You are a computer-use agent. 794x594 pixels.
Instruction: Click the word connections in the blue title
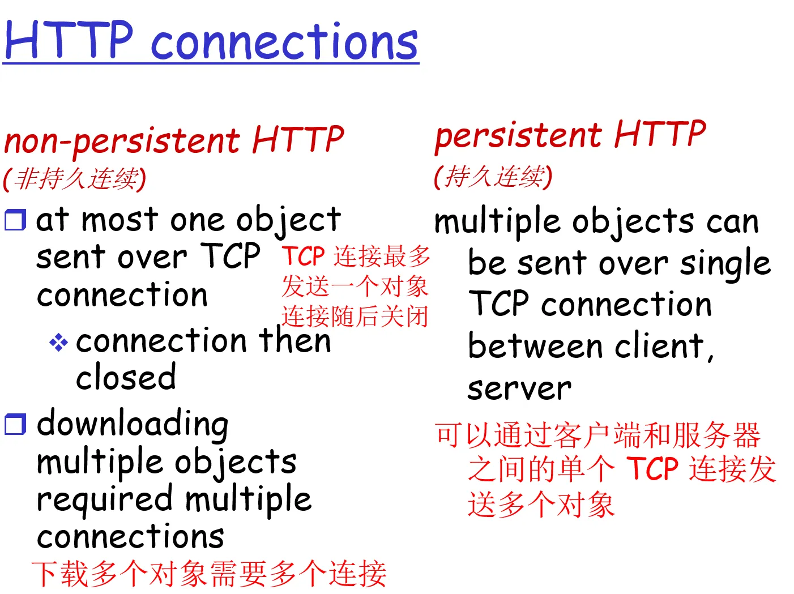tap(284, 41)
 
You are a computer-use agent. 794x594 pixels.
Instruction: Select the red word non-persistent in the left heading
tap(122, 142)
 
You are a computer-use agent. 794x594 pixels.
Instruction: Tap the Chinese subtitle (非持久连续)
tap(75, 179)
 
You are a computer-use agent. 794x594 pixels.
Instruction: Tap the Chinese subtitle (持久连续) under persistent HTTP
tap(493, 177)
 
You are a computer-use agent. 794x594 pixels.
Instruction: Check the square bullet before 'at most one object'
tap(15, 220)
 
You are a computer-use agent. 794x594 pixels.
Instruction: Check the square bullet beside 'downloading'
tap(15, 424)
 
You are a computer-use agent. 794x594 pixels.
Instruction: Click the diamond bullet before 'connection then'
tap(58, 342)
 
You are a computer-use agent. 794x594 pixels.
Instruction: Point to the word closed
tap(126, 377)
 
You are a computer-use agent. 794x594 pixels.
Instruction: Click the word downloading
tap(133, 425)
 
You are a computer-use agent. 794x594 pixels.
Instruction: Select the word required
tap(105, 501)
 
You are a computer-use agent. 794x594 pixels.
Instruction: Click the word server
tap(519, 389)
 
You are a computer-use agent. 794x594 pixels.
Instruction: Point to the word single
tap(725, 264)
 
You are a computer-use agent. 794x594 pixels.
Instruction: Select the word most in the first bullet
tap(120, 220)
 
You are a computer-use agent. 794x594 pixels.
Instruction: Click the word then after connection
tap(294, 340)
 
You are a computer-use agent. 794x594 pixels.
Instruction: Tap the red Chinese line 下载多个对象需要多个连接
tap(209, 574)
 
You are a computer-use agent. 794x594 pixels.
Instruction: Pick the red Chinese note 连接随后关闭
tap(355, 317)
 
